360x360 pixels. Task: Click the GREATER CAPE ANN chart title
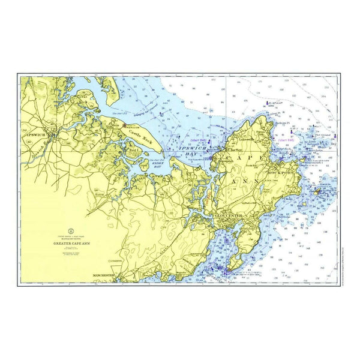click(70, 244)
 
